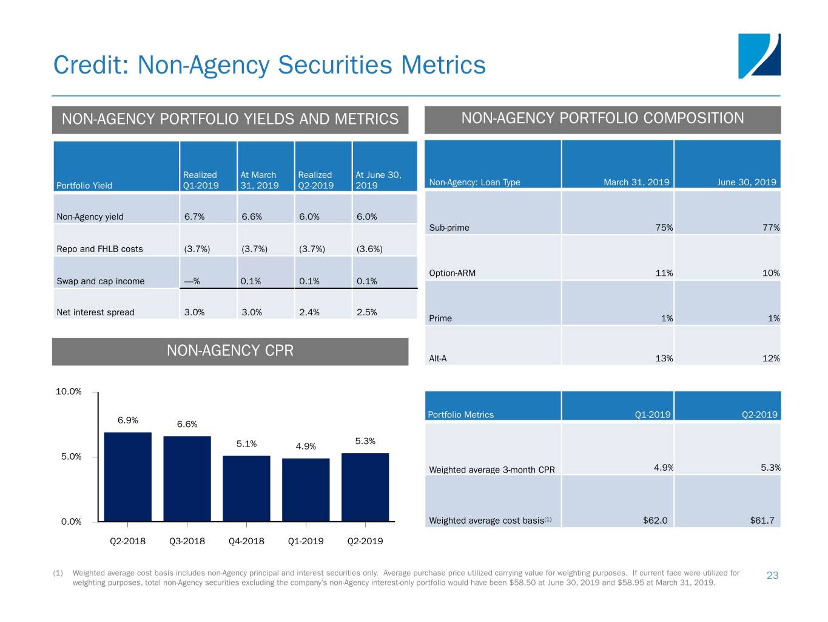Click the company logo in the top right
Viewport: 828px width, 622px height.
(x=759, y=56)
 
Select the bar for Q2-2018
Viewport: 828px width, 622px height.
(x=128, y=476)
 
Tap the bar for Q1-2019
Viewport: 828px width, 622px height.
(x=306, y=490)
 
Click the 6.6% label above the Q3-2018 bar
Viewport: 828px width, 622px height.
(x=187, y=424)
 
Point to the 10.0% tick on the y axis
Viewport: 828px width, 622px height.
(x=69, y=392)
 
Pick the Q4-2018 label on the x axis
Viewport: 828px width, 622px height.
(x=246, y=541)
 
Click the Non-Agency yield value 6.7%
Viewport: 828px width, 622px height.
(x=194, y=217)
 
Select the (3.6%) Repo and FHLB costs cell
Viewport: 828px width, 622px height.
(x=369, y=249)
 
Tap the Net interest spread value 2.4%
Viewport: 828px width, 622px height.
(x=309, y=312)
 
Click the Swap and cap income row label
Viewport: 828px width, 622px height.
(x=101, y=281)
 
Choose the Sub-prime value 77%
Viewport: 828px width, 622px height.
(x=771, y=228)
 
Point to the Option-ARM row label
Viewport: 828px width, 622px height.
(x=452, y=273)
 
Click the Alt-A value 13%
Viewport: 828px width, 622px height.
(x=664, y=358)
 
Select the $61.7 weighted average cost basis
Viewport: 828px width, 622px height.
(x=762, y=521)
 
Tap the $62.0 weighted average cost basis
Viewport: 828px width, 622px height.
(x=655, y=521)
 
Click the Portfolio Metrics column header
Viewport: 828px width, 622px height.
(x=460, y=415)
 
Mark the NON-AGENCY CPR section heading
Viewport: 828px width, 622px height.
(x=230, y=351)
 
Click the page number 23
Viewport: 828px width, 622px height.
(x=772, y=576)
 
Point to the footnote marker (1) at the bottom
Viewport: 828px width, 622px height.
(x=58, y=573)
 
